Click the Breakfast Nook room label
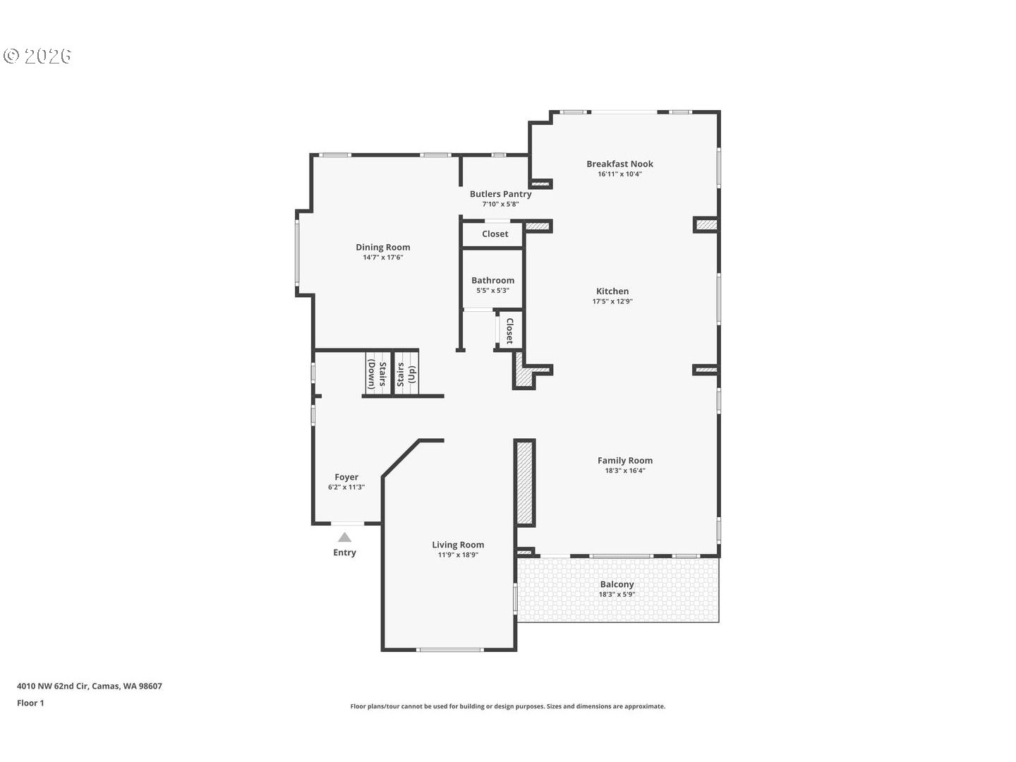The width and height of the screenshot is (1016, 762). [x=619, y=164]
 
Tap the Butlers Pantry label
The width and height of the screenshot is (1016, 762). [x=500, y=194]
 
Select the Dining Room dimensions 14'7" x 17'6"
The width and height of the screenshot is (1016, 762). [x=382, y=258]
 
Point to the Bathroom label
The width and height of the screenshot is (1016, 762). [x=492, y=280]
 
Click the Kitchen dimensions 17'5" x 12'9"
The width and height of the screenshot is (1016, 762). [x=612, y=301]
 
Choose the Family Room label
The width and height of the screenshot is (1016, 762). [x=624, y=460]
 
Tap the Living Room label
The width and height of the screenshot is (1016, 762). [x=458, y=544]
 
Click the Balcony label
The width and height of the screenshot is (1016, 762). [x=617, y=584]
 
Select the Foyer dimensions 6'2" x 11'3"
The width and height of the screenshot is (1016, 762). [x=346, y=487]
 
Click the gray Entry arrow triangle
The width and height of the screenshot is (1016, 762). [x=344, y=538]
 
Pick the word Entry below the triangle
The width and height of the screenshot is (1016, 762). [x=344, y=552]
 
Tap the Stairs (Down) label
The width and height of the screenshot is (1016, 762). [x=377, y=375]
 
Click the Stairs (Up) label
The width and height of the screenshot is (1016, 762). [x=406, y=374]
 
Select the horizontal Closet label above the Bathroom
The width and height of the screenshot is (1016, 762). [x=495, y=234]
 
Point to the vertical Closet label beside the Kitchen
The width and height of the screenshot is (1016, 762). [x=509, y=330]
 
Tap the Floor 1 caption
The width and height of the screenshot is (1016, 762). [x=30, y=703]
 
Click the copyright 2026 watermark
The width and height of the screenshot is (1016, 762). [x=38, y=56]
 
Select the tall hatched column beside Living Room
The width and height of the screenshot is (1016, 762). [x=524, y=482]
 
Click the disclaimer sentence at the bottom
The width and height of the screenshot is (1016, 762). [x=507, y=706]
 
